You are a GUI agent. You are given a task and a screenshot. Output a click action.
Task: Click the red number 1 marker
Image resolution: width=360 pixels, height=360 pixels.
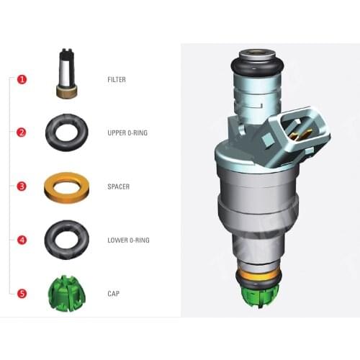[x=22, y=79]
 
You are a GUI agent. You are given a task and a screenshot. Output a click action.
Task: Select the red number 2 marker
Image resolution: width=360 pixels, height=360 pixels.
[x=22, y=132]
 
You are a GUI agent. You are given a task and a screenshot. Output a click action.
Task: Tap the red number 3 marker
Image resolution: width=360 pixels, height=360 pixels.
[x=22, y=186]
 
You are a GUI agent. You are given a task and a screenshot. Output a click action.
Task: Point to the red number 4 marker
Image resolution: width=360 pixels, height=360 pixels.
[x=22, y=240]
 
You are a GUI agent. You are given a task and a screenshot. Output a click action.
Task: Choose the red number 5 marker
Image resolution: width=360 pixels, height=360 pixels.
[x=22, y=294]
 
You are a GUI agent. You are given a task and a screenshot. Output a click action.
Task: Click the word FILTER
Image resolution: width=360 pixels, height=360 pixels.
[x=116, y=79]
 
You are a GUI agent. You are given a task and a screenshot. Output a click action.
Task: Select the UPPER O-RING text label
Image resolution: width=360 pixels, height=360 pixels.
[x=127, y=132]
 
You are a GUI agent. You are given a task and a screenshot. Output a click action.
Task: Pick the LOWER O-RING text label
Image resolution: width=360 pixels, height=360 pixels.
[x=127, y=240]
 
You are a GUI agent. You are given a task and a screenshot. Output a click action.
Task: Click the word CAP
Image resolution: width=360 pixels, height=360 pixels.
[x=112, y=294]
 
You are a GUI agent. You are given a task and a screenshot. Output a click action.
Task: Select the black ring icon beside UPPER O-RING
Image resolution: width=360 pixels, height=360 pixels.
[x=67, y=132]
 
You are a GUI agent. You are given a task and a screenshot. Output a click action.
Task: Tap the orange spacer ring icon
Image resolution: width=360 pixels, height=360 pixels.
[x=67, y=186]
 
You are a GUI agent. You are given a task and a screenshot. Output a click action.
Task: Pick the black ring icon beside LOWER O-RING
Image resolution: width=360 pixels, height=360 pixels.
[x=67, y=239]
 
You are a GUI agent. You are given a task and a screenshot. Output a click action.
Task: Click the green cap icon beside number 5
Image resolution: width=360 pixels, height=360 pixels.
[x=67, y=292]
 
